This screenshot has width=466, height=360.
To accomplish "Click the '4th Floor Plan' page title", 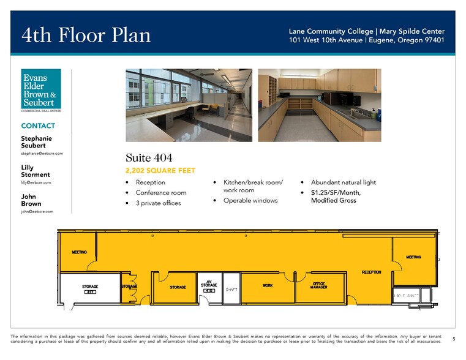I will point(86,35).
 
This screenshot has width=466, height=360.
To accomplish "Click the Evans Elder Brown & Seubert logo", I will point(41,90).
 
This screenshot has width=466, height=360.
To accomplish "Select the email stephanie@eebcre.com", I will point(42,153).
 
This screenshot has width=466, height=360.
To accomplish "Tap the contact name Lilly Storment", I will point(36,171).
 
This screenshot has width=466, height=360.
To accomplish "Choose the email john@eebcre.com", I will point(37,211).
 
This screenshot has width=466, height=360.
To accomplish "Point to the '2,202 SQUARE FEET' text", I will point(160,171).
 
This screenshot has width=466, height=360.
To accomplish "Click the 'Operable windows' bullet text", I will point(250,200).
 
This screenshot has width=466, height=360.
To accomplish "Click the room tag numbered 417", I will point(90,292).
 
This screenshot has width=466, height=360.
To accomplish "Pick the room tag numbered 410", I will point(209,290).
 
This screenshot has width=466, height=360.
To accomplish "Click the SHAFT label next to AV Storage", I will point(231,290).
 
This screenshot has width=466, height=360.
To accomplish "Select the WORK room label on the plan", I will point(268,285).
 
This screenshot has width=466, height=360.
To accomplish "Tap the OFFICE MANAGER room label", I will point(319,286).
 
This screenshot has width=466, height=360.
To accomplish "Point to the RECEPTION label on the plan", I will point(371,272).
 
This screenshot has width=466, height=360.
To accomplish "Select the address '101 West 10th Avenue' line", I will point(367,40).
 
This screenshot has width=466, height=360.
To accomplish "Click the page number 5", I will point(454,339).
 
